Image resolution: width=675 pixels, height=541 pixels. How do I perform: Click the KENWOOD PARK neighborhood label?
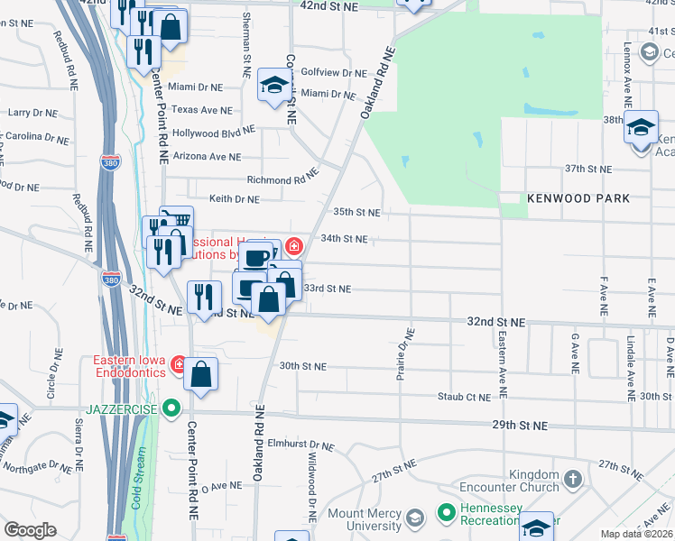[x=579, y=197]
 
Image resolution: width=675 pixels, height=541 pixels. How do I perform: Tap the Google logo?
[x=30, y=530]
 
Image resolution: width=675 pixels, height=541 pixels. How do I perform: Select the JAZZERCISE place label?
[x=125, y=408]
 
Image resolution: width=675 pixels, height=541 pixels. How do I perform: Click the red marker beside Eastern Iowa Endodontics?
[x=179, y=365]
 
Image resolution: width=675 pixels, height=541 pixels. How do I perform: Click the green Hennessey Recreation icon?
[x=444, y=513]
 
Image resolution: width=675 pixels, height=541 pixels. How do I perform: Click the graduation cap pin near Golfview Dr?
[x=274, y=86]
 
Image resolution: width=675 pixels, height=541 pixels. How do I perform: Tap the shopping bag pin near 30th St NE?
[x=201, y=373]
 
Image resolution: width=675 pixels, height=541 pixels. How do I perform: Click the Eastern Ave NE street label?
[x=501, y=365]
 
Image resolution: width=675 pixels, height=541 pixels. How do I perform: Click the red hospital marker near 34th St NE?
[x=293, y=245]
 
